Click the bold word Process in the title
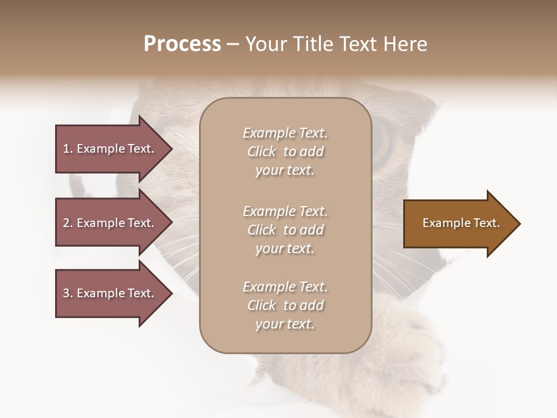coord(182,44)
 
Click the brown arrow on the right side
coord(458,224)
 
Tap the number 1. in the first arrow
coord(68,149)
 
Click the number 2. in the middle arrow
coord(68,223)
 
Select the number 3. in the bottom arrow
coord(68,293)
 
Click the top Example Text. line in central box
coord(285,133)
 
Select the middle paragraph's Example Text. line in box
coord(285,211)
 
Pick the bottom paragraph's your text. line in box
coord(285,325)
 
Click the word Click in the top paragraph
coord(262,152)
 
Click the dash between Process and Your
coord(233,44)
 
